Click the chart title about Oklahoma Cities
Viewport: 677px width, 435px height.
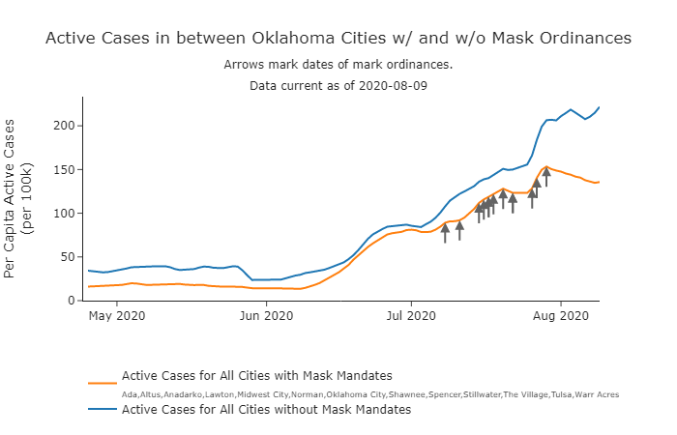[x=338, y=38]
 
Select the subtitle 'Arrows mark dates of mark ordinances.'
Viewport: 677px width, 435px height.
[x=338, y=65]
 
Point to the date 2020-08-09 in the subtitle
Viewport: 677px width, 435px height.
[x=394, y=85]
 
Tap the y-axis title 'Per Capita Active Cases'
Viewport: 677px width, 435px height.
[x=11, y=199]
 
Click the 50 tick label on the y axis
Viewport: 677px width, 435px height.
[x=70, y=256]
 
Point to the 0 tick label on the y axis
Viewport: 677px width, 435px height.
[x=73, y=301]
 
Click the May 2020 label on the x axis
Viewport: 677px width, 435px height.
[x=116, y=315]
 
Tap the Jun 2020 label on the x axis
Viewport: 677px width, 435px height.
[x=265, y=315]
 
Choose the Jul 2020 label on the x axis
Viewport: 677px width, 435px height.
[x=410, y=315]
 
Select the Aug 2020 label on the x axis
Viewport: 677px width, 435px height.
[x=561, y=315]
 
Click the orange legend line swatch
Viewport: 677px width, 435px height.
[x=102, y=383]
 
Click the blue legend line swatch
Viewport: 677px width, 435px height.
[x=102, y=410]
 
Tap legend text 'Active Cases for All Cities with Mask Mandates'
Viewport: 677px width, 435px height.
[x=256, y=375]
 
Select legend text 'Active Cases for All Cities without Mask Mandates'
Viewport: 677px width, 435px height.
[x=266, y=410]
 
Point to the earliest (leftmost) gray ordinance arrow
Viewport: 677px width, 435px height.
[x=445, y=232]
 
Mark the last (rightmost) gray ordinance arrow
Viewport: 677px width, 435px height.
[x=546, y=176]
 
